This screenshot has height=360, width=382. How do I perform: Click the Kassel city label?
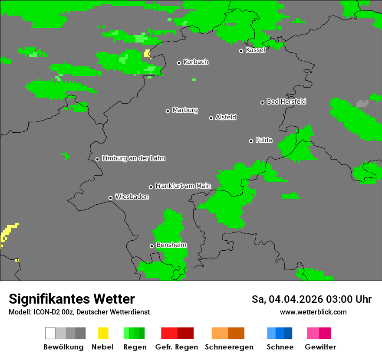tap(255, 50)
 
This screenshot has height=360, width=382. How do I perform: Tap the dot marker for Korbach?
tap(179, 63)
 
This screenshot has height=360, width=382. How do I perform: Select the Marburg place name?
tap(185, 110)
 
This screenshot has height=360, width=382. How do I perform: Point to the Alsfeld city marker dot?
tap(211, 118)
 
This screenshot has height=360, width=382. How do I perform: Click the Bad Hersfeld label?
tap(286, 101)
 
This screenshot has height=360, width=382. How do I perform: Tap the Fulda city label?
tap(264, 140)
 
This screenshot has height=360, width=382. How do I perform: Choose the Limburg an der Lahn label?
tap(133, 158)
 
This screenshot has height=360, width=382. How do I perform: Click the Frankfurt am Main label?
tap(183, 186)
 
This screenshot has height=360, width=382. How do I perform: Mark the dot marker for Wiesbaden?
tap(110, 198)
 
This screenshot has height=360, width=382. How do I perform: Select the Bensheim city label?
tap(171, 245)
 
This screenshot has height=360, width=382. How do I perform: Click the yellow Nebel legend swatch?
tap(103, 333)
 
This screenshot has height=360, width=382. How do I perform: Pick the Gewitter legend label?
tap(320, 347)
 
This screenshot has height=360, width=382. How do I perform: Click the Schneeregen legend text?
tap(229, 347)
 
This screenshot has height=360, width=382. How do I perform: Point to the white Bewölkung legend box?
tap(50, 333)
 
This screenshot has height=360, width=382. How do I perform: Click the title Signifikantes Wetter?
tap(72, 299)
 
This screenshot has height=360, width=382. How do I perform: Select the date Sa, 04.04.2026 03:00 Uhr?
tap(311, 299)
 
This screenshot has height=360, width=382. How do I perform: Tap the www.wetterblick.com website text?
tap(313, 312)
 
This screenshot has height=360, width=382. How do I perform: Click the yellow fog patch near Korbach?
tap(147, 53)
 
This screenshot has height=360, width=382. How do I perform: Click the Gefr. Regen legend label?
tap(176, 347)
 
